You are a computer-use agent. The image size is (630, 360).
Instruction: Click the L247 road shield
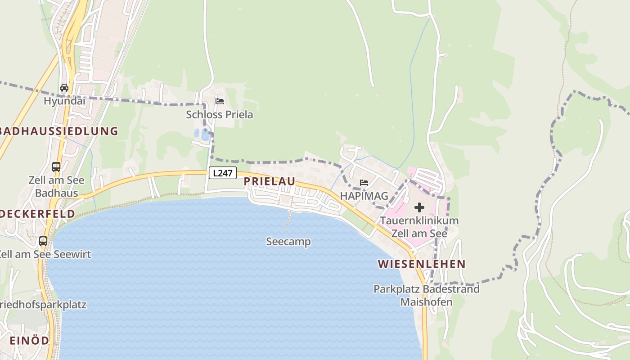(x=222, y=173)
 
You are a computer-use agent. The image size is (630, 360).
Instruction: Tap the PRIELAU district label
(x=270, y=181)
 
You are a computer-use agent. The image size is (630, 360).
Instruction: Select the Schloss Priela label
(x=220, y=115)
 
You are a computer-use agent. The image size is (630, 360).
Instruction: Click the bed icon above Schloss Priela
(x=220, y=101)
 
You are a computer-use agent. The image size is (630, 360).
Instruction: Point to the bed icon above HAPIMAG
(x=364, y=183)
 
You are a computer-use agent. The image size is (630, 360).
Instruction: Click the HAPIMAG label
(x=364, y=196)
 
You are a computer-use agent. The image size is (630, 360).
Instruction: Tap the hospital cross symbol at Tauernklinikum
(x=419, y=207)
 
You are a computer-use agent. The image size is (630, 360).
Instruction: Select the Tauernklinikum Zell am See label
(x=419, y=227)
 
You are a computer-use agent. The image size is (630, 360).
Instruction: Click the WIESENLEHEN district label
(x=422, y=264)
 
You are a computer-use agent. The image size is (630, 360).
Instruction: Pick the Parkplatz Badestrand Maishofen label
(x=427, y=295)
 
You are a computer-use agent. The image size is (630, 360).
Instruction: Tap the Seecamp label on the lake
(x=288, y=242)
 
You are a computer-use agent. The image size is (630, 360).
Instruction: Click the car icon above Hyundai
(x=64, y=88)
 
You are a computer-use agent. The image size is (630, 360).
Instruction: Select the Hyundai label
(x=64, y=101)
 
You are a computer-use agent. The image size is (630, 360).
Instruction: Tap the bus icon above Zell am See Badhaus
(x=56, y=167)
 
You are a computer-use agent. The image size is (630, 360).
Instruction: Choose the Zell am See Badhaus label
(x=56, y=187)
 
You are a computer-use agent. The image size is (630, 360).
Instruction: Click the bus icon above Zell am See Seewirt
(x=43, y=241)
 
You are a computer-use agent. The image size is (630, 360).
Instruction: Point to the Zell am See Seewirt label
(x=45, y=254)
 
